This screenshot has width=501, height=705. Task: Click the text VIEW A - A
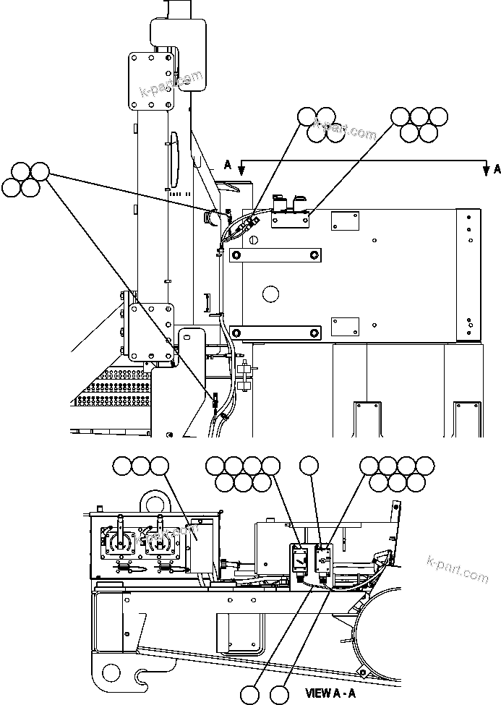[x=330, y=693]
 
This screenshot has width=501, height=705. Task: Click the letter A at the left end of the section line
[x=228, y=166]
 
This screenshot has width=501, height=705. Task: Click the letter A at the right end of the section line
[x=497, y=169]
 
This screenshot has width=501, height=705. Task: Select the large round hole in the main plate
[x=270, y=293]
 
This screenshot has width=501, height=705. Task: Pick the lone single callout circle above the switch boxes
[x=309, y=466]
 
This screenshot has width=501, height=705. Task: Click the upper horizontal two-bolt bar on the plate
[x=273, y=255]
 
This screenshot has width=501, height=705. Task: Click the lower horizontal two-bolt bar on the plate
[x=273, y=332]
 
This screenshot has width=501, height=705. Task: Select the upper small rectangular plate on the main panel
[x=344, y=221]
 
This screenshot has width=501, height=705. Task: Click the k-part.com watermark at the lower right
[x=458, y=568]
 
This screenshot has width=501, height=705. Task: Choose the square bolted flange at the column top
[x=150, y=80]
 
